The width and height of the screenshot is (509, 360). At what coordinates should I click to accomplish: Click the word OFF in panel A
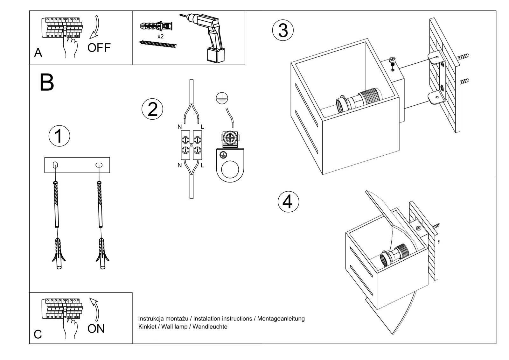pyautogui.click(x=99, y=48)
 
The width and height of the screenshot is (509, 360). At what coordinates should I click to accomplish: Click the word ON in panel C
pyautogui.click(x=96, y=328)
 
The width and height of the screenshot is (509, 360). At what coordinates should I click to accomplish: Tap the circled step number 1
pyautogui.click(x=59, y=136)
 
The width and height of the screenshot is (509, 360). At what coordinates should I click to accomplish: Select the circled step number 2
pyautogui.click(x=152, y=109)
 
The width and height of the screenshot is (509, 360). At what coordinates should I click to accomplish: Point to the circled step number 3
pyautogui.click(x=283, y=30)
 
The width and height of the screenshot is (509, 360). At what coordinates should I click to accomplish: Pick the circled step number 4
pyautogui.click(x=288, y=202)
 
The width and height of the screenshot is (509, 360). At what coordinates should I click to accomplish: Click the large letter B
pyautogui.click(x=47, y=82)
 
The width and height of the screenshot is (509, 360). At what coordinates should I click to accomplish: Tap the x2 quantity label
pyautogui.click(x=161, y=37)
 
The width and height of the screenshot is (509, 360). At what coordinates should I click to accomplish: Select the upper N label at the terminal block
pyautogui.click(x=179, y=127)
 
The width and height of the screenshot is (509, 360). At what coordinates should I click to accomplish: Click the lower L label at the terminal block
pyautogui.click(x=202, y=165)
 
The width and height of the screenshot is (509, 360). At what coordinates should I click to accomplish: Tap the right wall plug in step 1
pyautogui.click(x=102, y=253)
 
